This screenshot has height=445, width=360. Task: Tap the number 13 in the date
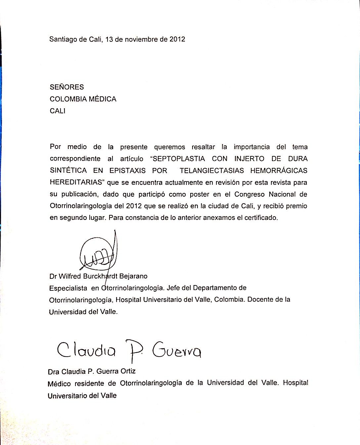coord(109,39)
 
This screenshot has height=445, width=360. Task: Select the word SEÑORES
coord(67,87)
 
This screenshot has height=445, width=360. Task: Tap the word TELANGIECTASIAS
coord(212,171)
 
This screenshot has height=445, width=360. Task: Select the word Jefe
coord(173,288)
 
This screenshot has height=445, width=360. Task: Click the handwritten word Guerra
coord(177,351)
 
